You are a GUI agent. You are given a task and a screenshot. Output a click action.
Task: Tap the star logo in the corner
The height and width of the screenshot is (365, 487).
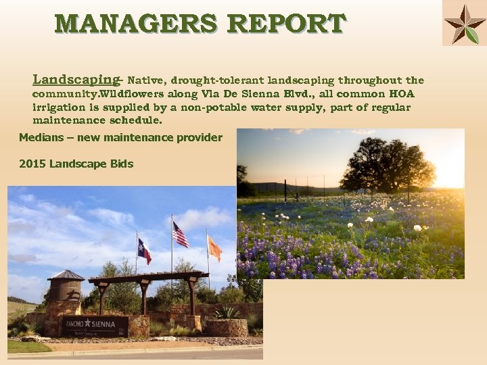click(x=464, y=23)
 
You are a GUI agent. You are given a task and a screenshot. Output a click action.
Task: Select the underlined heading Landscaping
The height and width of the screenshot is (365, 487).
click(x=76, y=79)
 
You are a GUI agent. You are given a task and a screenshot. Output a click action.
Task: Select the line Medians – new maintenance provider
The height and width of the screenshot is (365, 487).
click(x=120, y=138)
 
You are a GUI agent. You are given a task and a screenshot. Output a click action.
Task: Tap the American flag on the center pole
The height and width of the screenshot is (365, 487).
click(x=181, y=235)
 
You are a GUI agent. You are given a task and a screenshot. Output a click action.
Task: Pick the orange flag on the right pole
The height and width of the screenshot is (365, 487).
click(x=214, y=249)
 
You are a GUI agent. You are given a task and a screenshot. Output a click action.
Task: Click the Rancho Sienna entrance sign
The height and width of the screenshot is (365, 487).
click(x=95, y=325)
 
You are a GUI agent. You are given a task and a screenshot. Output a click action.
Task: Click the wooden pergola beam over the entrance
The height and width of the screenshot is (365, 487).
click(x=147, y=277)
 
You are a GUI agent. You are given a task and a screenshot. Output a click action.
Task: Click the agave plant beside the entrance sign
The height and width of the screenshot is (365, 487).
click(x=227, y=312)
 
